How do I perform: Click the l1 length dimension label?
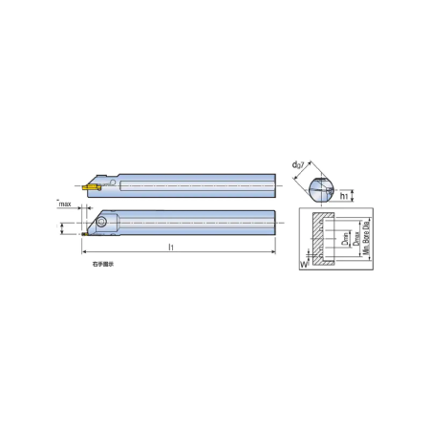[170, 247]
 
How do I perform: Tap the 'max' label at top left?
[65, 204]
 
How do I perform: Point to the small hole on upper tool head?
[112, 179]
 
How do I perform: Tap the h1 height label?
[343, 197]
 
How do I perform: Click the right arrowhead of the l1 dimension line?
[272, 253]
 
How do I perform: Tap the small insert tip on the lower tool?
[84, 231]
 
